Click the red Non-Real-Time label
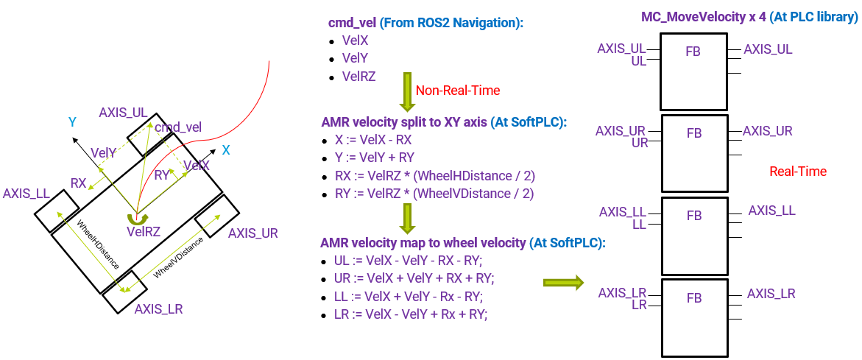coord(458,91)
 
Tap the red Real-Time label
coord(798,172)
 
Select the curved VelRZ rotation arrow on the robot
coord(134,218)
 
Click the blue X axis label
coord(226,150)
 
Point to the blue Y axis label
coord(73,122)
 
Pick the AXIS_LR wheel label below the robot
coord(158,309)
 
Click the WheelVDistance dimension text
coord(179,261)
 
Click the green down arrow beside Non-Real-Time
coord(406,91)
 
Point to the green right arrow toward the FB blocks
coord(562,283)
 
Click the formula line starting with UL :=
coord(414,261)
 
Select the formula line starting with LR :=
coord(411,314)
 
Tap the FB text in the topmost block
coord(693,52)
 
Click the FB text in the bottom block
coord(693,298)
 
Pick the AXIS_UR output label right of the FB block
coord(768,131)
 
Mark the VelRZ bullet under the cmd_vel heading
coord(359,75)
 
